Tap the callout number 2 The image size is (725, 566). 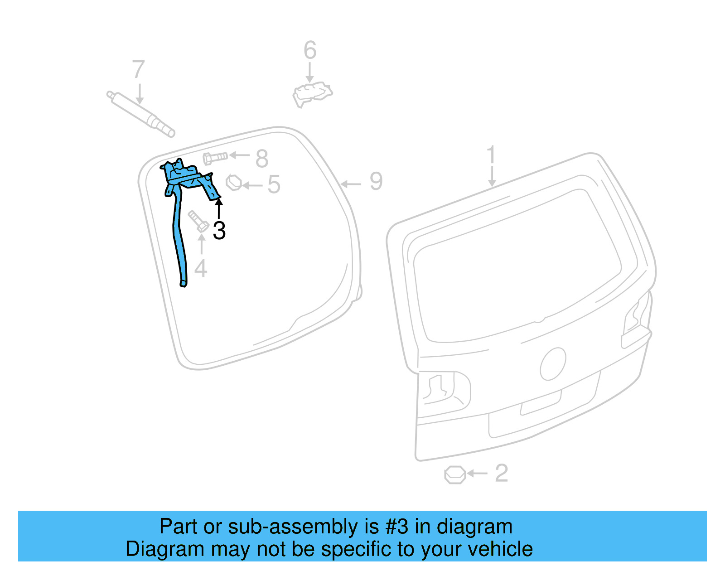point(501,473)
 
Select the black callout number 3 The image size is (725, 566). point(219,231)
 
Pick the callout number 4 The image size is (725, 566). point(201,268)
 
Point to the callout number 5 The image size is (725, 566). point(274,184)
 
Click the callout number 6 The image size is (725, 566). point(310,50)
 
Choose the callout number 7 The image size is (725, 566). point(139,70)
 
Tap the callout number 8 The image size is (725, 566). point(262,159)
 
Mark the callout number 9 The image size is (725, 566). point(376,181)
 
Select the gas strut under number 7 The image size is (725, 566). point(140,113)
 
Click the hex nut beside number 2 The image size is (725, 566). point(454,474)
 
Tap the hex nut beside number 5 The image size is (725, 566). point(234,182)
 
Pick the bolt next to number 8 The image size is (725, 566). point(215,158)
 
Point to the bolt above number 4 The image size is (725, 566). point(198,221)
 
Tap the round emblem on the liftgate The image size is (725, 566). point(553,364)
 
